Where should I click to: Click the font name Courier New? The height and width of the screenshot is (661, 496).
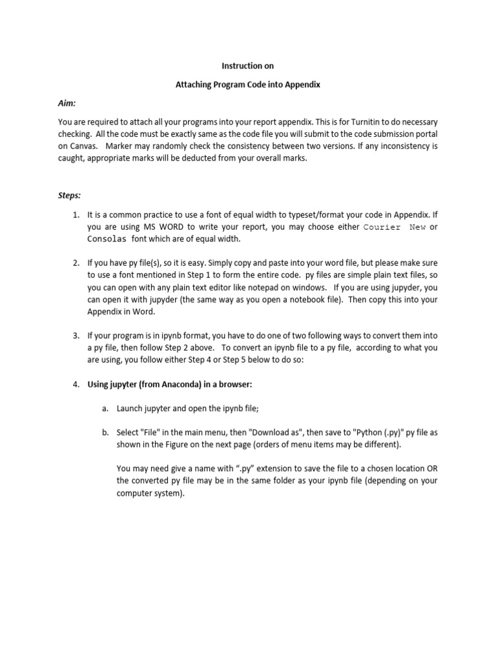(394, 227)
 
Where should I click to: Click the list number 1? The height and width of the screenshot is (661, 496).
(76, 215)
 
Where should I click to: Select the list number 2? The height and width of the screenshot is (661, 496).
(76, 263)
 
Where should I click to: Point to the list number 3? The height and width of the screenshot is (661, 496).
(76, 336)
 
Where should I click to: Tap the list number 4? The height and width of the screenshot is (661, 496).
(76, 384)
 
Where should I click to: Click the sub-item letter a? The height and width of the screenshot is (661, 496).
(105, 409)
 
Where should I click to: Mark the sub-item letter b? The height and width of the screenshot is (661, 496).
(105, 432)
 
